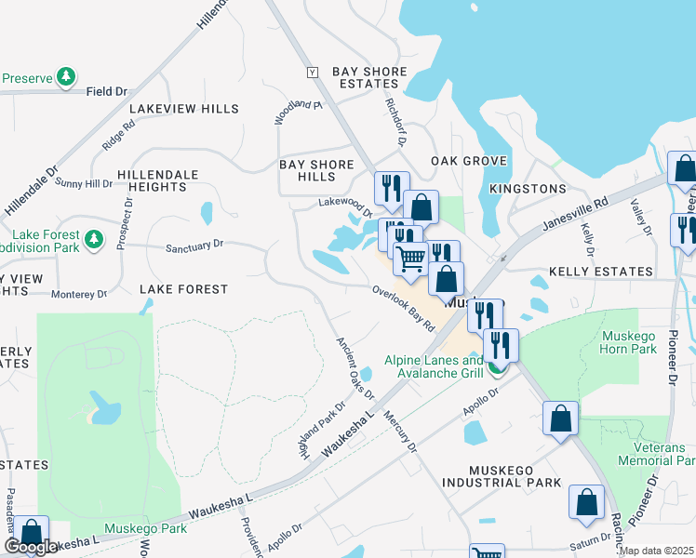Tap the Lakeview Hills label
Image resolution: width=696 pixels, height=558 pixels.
pyautogui.click(x=184, y=109)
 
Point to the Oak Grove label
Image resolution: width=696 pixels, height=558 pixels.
pyautogui.click(x=469, y=161)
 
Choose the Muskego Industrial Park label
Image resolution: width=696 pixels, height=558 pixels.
pyautogui.click(x=502, y=476)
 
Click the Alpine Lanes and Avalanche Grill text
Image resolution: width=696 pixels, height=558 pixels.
pyautogui.click(x=435, y=366)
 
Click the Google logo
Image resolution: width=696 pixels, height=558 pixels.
pyautogui.click(x=31, y=547)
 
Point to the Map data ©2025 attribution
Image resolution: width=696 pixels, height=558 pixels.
pyautogui.click(x=657, y=551)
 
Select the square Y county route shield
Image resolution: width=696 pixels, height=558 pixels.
pyautogui.click(x=313, y=72)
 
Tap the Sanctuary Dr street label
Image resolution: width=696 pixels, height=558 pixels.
pyautogui.click(x=194, y=246)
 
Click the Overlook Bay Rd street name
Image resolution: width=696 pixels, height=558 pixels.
pyautogui.click(x=404, y=308)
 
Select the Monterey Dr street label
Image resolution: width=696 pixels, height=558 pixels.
pyautogui.click(x=79, y=295)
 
